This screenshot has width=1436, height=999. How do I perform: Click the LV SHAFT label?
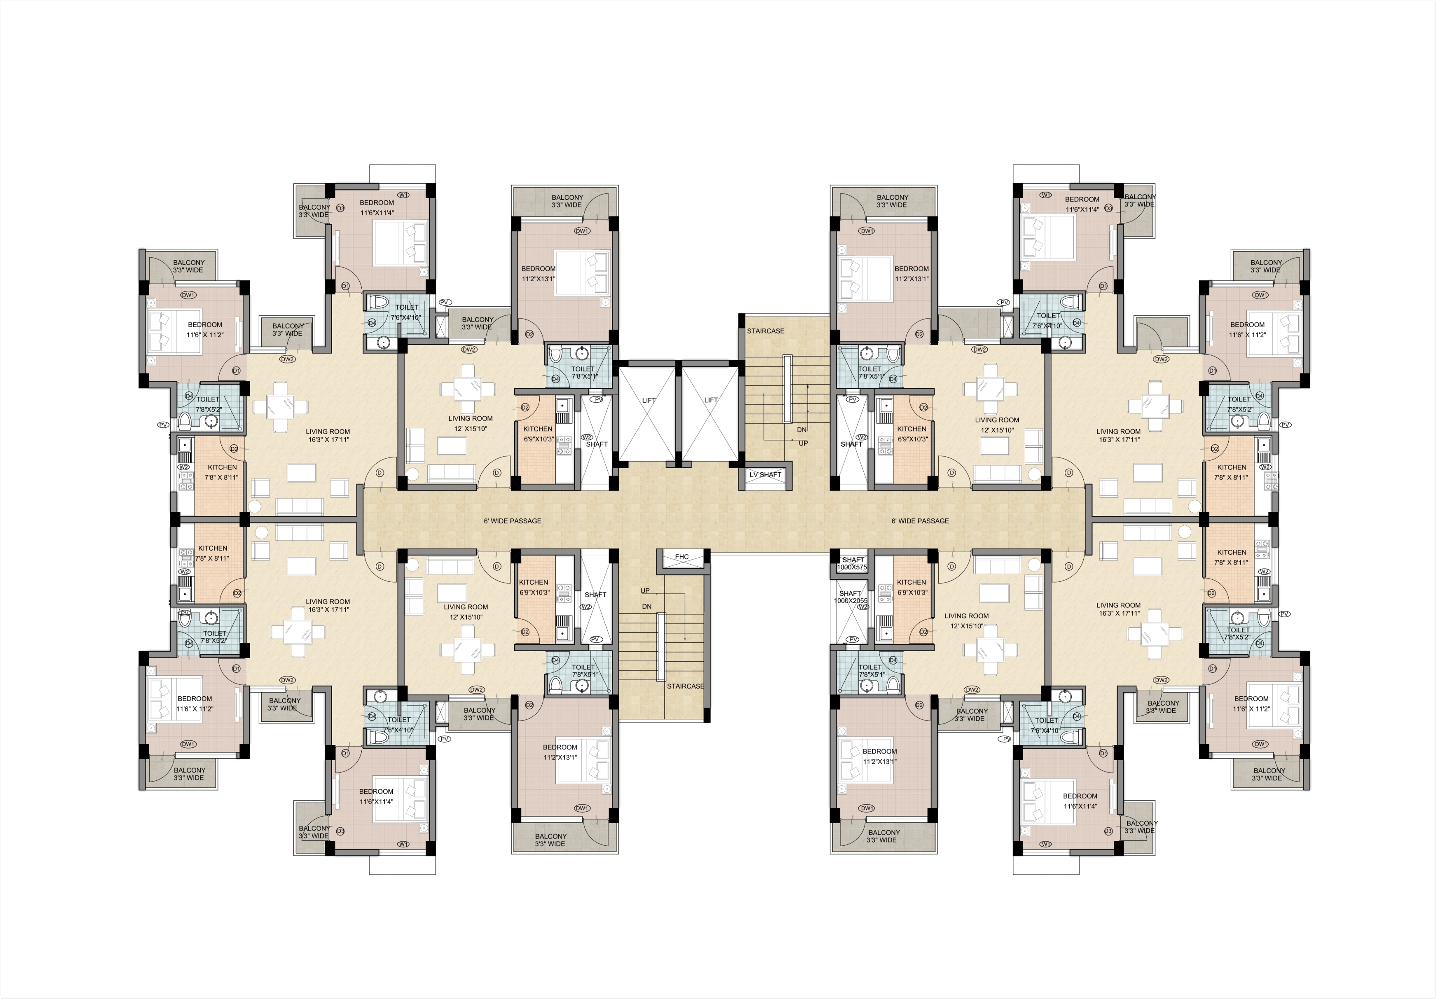point(766,474)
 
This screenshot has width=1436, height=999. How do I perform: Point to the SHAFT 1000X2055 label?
point(850,597)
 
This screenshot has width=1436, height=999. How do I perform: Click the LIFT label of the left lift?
point(649,400)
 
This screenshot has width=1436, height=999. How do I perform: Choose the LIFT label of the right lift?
point(711,400)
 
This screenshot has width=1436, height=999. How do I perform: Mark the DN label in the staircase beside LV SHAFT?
point(802,430)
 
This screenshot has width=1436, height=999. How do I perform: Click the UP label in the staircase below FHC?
point(645,591)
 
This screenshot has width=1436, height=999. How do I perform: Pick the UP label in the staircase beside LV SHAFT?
point(804,443)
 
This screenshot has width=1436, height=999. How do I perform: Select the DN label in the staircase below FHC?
point(647,607)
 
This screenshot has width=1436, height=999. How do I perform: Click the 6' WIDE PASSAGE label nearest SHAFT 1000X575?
point(920,521)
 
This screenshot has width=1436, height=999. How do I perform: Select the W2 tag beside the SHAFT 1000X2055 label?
point(863,607)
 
